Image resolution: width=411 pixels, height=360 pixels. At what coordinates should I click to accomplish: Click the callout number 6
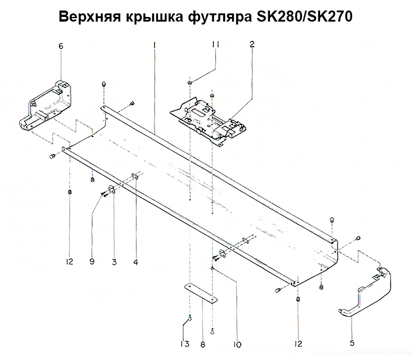[x=61, y=46]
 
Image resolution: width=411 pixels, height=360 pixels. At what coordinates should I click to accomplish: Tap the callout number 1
[x=154, y=45]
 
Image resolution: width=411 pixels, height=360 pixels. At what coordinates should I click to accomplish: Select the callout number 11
[x=216, y=44]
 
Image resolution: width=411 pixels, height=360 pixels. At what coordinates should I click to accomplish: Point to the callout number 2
[x=252, y=44]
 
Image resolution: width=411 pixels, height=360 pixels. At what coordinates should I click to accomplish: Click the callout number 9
[x=92, y=261]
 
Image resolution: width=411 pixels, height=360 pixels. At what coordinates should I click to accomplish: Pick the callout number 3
[x=114, y=261]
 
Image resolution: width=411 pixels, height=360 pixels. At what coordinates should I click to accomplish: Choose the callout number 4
[x=135, y=261]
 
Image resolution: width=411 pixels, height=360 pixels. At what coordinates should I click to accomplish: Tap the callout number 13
[x=185, y=344]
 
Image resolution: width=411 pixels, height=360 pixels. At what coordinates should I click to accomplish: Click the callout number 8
[x=203, y=344]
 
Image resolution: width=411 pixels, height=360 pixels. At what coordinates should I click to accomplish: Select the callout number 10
[x=237, y=344]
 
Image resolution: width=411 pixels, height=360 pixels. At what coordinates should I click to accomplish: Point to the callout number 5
[x=352, y=342]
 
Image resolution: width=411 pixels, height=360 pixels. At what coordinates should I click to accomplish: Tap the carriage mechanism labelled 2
[x=208, y=121]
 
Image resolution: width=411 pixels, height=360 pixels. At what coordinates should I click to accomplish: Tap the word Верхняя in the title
[x=90, y=17]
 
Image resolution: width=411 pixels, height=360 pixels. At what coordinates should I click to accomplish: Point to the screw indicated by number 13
[x=190, y=318]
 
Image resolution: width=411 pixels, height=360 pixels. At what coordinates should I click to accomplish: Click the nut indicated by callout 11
[x=189, y=83]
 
